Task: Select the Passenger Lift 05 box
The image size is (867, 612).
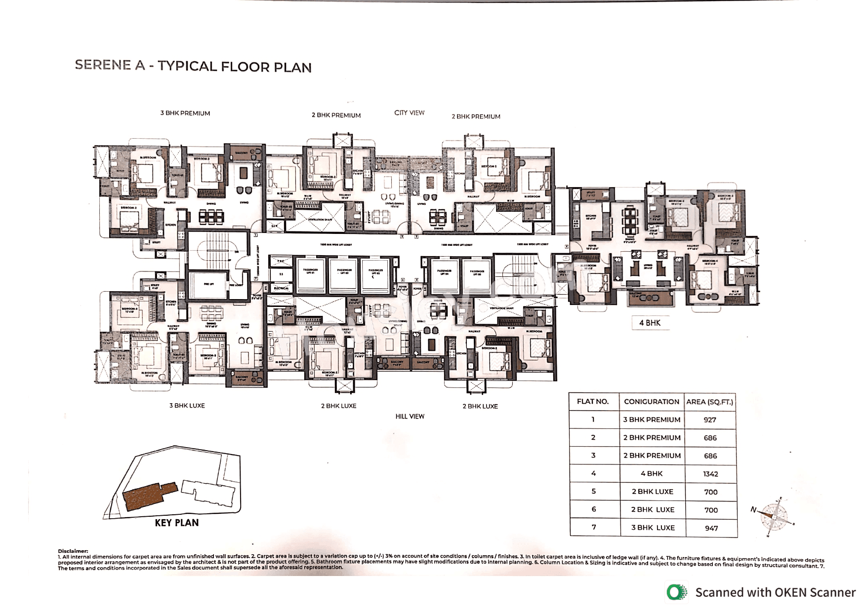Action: pos(477,274)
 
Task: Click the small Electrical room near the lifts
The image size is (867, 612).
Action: pos(281,288)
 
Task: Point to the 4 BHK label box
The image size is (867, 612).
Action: pos(650,323)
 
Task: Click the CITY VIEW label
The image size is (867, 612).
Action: pos(409,113)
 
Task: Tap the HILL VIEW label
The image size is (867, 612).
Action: pos(410,416)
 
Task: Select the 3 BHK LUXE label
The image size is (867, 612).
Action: pos(187,405)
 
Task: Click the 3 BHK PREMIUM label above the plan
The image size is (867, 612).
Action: pos(185,113)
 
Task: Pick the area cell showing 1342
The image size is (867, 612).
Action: pos(710,474)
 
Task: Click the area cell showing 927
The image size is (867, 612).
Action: pos(710,420)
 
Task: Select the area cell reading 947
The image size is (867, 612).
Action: pos(711,528)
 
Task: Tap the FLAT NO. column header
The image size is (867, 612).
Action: pos(593,401)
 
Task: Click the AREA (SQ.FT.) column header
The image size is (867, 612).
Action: pos(710,402)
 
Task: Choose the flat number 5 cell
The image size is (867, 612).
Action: pos(593,492)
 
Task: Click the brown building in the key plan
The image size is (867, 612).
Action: pos(148,495)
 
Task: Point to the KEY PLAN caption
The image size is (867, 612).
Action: pos(176,523)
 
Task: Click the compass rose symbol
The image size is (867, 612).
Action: pos(775,516)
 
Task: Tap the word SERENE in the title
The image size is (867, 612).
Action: pos(103,65)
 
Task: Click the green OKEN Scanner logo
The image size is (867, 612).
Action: pos(676,592)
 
